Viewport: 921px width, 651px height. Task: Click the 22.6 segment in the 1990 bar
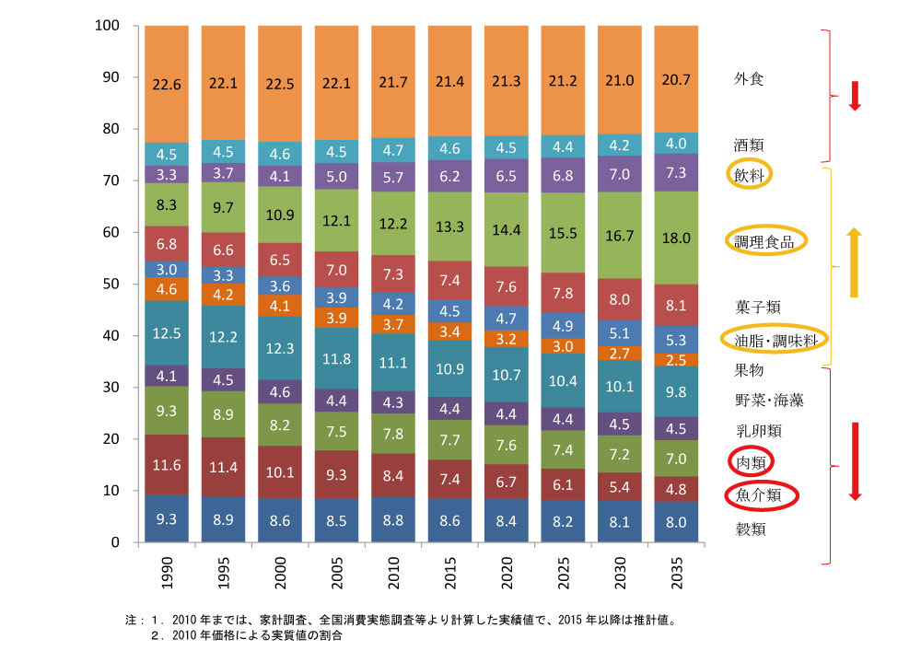pyautogui.click(x=167, y=84)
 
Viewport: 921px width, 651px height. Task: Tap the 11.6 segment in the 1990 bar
pyautogui.click(x=167, y=466)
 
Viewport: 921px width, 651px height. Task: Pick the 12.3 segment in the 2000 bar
pyautogui.click(x=280, y=348)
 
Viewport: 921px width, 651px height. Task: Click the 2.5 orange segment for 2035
pyautogui.click(x=675, y=359)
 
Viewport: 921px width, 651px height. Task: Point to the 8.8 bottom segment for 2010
pyautogui.click(x=392, y=519)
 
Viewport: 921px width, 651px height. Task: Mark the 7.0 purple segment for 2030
pyautogui.click(x=618, y=173)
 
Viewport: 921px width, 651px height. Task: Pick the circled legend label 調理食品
pyautogui.click(x=763, y=241)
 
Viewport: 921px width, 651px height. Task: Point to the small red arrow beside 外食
pyautogui.click(x=854, y=96)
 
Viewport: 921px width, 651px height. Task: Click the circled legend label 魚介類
pyautogui.click(x=761, y=495)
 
